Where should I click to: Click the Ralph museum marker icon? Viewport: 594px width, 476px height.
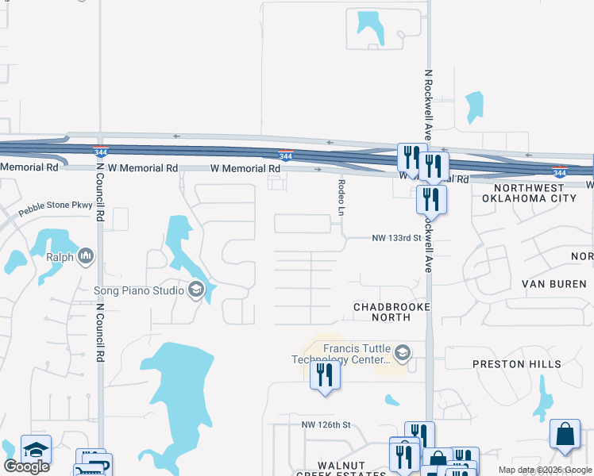tap(86, 257)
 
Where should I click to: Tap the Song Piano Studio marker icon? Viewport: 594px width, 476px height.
tap(196, 290)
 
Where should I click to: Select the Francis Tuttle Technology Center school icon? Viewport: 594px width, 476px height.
tap(403, 352)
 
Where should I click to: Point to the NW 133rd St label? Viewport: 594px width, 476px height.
tap(395, 238)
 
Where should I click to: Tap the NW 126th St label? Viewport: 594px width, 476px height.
tap(326, 425)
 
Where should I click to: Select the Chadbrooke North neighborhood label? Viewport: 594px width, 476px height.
tap(391, 312)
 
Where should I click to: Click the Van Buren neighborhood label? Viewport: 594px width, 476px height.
tap(553, 283)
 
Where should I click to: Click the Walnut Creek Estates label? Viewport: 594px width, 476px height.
tap(352, 469)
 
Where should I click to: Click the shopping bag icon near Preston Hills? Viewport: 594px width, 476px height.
tap(565, 434)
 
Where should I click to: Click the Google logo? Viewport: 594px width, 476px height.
tap(26, 466)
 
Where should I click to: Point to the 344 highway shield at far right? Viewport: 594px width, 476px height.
tap(560, 171)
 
